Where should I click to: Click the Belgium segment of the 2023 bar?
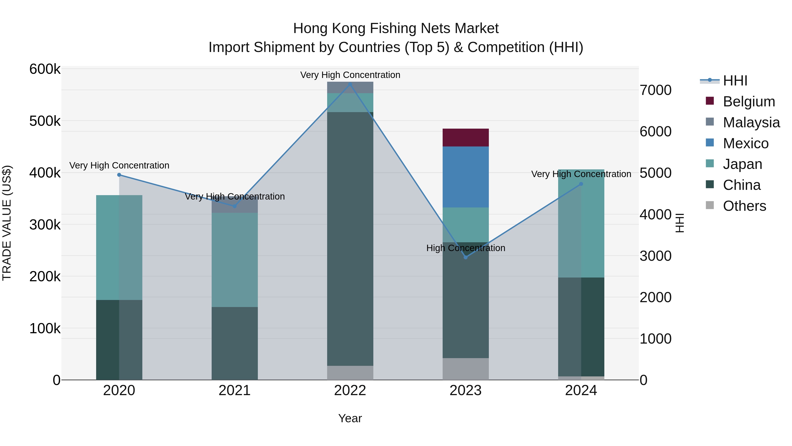click(466, 138)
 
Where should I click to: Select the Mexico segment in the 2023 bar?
click(466, 177)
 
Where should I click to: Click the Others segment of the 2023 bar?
click(466, 369)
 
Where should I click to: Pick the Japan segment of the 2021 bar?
click(235, 260)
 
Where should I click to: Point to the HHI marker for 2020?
click(119, 175)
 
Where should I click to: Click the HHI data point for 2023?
click(466, 257)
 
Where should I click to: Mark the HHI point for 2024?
click(581, 184)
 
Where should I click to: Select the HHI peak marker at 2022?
click(350, 84)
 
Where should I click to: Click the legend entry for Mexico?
click(746, 143)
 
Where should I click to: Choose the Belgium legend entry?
click(749, 102)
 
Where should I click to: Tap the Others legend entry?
click(744, 206)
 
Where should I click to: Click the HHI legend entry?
click(735, 81)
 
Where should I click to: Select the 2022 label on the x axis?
click(350, 390)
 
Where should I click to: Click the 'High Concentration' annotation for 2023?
click(466, 248)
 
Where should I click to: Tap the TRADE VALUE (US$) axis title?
click(7, 223)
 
